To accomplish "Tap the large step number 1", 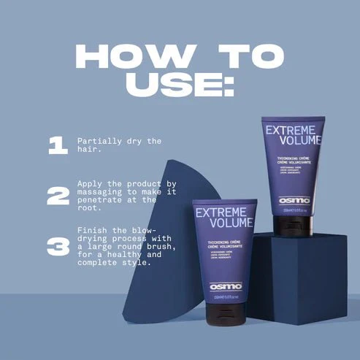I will pos(58,145).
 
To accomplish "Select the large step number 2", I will pos(58,195).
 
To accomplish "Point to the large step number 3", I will pos(58,245).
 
